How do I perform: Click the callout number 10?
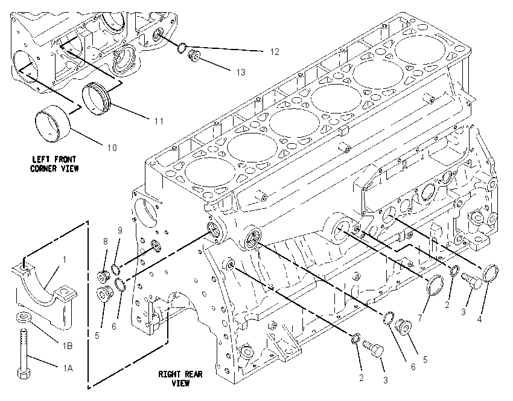click(112, 147)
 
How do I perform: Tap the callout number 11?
click(159, 121)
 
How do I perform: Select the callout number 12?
click(275, 52)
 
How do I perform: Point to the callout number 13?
click(241, 72)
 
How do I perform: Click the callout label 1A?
click(68, 368)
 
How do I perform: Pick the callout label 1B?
click(68, 345)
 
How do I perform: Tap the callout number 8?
click(106, 241)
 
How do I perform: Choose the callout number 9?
click(120, 231)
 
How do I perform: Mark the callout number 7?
click(420, 318)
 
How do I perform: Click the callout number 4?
click(480, 319)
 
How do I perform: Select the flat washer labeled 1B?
click(23, 317)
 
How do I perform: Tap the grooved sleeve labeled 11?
click(97, 100)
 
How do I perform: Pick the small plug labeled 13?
click(194, 56)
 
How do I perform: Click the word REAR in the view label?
click(193, 374)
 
